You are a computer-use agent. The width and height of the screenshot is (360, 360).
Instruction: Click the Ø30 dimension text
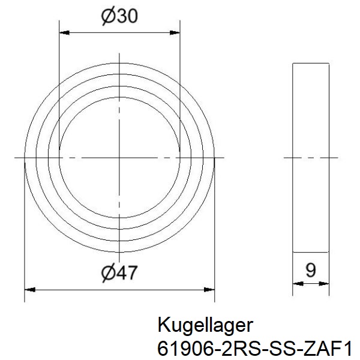coord(120,18)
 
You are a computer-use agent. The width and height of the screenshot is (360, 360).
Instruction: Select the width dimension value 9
coord(310,271)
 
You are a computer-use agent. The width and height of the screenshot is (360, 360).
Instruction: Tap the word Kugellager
coord(206,326)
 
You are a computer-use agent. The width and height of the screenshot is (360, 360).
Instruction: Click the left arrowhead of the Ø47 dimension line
coord(28,289)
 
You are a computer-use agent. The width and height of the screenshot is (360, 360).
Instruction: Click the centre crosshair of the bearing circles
coord(119,158)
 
